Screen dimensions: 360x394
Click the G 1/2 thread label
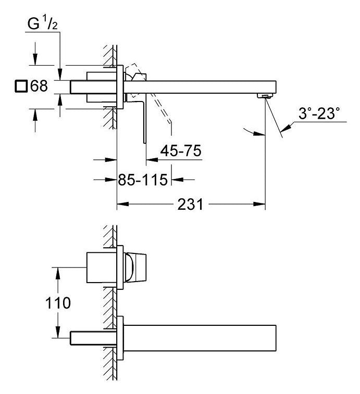pyautogui.click(x=42, y=24)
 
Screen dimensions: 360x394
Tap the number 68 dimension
pyautogui.click(x=39, y=86)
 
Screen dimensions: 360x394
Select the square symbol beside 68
pyautogui.click(x=21, y=86)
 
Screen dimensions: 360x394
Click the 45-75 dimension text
pyautogui.click(x=181, y=151)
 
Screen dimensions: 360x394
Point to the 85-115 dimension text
pyautogui.click(x=143, y=180)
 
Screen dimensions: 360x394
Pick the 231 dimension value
pyautogui.click(x=190, y=205)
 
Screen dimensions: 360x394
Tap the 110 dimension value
pyautogui.click(x=58, y=303)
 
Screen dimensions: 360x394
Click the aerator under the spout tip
pyautogui.click(x=265, y=96)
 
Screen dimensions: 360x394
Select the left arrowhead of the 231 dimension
pyautogui.click(x=123, y=204)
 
